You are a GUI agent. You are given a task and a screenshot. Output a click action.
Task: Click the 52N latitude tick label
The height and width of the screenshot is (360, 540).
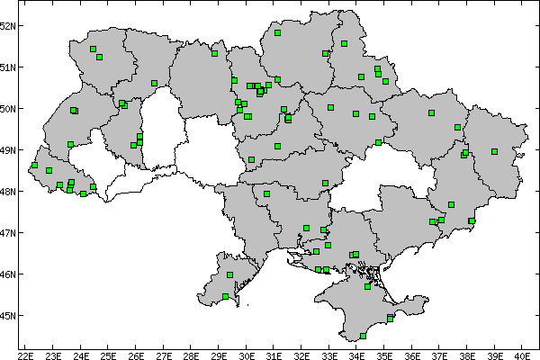(x=8, y=25)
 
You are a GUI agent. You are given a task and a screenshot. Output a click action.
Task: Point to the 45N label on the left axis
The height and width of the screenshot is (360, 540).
(x=8, y=316)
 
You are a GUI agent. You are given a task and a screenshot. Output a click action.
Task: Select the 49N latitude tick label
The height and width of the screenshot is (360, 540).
(x=8, y=150)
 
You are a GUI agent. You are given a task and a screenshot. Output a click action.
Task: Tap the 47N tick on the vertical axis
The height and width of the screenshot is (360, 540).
(x=8, y=233)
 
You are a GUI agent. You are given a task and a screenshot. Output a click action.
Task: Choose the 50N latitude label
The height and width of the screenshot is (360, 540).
(x=8, y=109)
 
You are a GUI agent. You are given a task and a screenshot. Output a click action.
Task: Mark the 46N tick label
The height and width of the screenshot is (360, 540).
(x=8, y=274)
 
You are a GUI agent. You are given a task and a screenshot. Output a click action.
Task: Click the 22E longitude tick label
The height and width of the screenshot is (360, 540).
(x=25, y=354)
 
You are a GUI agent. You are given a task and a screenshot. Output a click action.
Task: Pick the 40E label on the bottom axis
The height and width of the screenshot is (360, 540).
(x=523, y=354)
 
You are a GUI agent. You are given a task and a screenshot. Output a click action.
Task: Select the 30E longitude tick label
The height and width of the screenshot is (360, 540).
(x=247, y=354)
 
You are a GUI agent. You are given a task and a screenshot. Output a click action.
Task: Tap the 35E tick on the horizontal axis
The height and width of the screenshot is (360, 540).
(x=384, y=354)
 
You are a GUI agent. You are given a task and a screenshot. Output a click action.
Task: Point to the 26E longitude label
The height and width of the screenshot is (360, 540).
(x=136, y=354)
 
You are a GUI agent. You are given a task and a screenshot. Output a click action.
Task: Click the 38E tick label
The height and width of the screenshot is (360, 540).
(x=467, y=354)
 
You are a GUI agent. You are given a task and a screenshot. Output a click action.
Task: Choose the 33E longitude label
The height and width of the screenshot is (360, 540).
(x=329, y=354)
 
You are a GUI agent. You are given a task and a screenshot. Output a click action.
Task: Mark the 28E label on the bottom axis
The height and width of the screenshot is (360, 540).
(x=191, y=354)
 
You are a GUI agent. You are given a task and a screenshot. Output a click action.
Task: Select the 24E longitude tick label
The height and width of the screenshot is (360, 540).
(x=81, y=354)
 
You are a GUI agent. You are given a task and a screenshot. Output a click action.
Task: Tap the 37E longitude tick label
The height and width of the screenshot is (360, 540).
(x=440, y=354)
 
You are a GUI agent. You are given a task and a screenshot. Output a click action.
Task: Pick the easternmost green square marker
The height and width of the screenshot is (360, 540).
(x=494, y=151)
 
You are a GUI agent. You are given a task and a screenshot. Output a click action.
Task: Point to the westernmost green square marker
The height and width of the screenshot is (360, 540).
(x=34, y=165)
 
